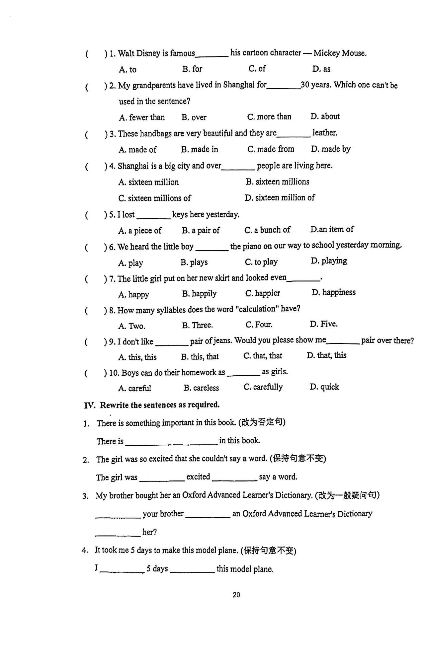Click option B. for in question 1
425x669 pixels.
192,69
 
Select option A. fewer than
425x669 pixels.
142,117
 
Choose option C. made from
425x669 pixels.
271,149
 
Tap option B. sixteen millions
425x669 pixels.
277,182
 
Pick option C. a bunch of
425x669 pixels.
267,230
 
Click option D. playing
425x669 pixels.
329,261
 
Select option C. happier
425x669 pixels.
262,293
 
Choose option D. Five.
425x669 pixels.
323,324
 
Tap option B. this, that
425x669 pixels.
200,357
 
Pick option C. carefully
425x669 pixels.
263,387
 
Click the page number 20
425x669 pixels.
236,595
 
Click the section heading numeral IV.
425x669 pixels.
89,405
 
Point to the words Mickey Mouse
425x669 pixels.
340,53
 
